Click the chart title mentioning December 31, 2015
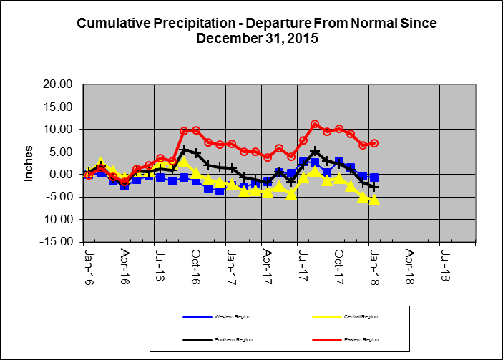tap(256, 31)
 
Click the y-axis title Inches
tap(29, 164)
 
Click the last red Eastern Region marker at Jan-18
tap(374, 143)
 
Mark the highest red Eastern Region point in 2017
tap(315, 125)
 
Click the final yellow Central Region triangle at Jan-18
tap(374, 200)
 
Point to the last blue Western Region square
tap(374, 177)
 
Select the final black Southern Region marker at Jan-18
tap(374, 187)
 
